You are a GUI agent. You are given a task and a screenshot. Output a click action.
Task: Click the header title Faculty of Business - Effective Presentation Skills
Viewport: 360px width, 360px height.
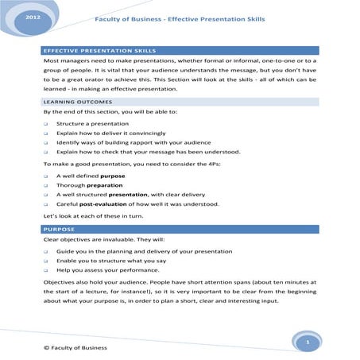180,18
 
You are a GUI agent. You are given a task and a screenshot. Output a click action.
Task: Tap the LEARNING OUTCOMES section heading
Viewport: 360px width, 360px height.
77,103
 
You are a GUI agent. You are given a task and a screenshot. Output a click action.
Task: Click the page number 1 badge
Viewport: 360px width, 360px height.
306,341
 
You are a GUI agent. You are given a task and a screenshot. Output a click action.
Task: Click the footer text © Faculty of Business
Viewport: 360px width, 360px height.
75,348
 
